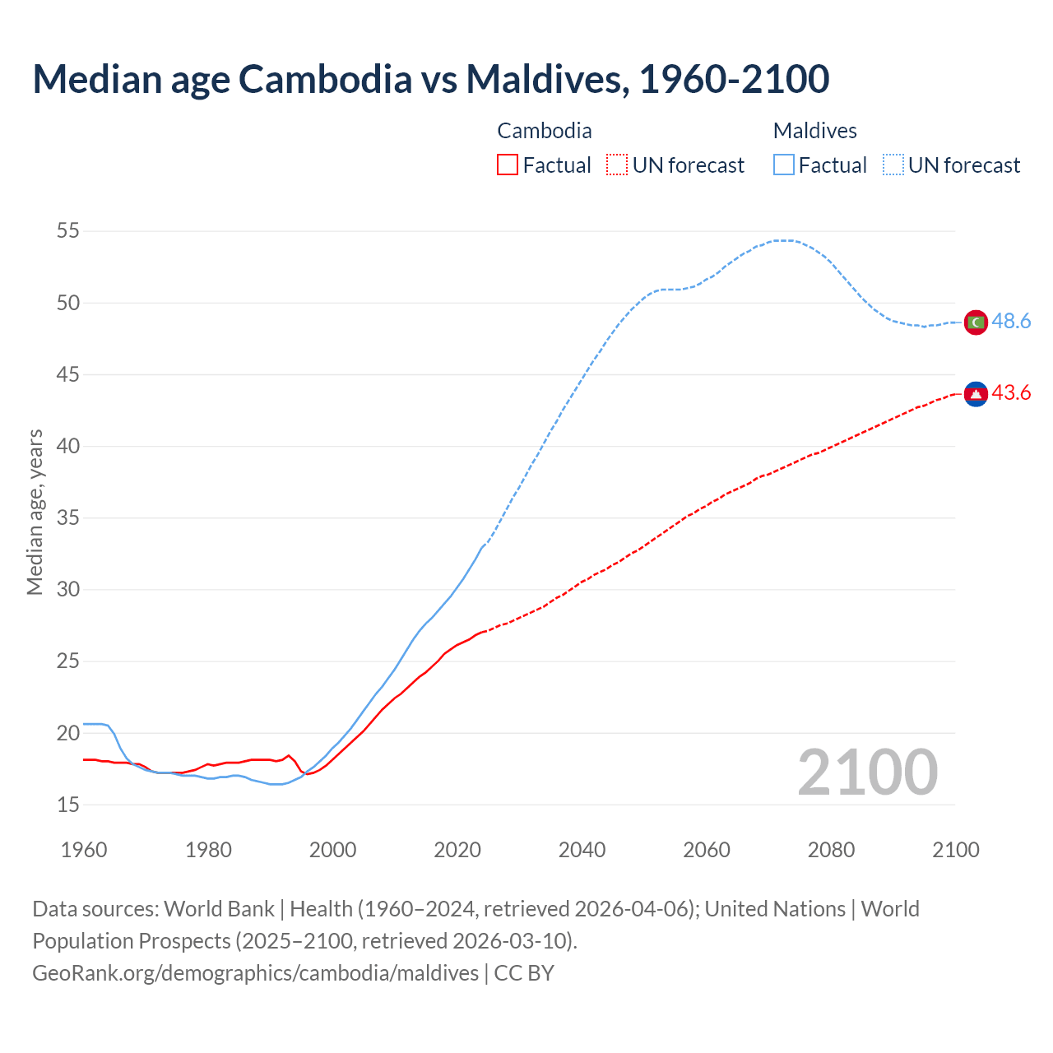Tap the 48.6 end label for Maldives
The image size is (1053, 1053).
tap(1011, 322)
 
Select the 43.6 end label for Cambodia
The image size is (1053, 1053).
tap(1011, 393)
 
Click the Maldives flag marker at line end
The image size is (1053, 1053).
tap(976, 322)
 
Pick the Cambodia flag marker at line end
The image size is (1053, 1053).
tap(976, 395)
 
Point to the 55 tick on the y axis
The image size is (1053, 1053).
tap(68, 231)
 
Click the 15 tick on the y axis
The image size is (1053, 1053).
tap(68, 805)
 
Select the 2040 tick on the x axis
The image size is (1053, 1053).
tap(582, 850)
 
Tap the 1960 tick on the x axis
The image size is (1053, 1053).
tap(84, 850)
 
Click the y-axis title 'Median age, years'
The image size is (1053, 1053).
tap(35, 512)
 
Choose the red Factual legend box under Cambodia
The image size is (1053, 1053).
tap(508, 165)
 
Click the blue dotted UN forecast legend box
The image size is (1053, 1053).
tap(893, 165)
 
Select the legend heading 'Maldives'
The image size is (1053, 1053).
tap(814, 131)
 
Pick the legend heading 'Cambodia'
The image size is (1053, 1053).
tap(544, 131)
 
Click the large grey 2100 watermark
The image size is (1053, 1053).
tap(867, 772)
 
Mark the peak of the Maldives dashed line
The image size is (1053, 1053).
tap(783, 240)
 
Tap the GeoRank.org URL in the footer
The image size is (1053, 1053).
tap(255, 973)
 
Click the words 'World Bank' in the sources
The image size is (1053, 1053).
tap(219, 909)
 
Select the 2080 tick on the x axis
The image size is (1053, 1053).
tap(831, 850)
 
